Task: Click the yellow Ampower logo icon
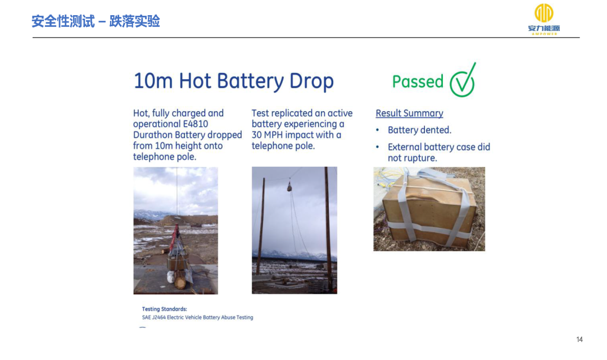[x=544, y=13]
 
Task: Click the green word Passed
[x=418, y=81]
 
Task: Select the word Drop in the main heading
[x=311, y=81]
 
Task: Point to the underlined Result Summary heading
[x=409, y=113]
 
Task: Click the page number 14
[x=579, y=340]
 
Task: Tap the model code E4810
[x=196, y=124]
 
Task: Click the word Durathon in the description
[x=153, y=135]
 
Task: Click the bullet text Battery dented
[x=420, y=130]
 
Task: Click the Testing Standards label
[x=164, y=309]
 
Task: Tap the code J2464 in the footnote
[x=158, y=317]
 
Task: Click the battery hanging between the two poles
[x=289, y=187]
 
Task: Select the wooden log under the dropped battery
[x=180, y=280]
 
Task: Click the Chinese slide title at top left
[x=96, y=21]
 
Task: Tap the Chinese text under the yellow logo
[x=544, y=28]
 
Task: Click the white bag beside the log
[x=171, y=277]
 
